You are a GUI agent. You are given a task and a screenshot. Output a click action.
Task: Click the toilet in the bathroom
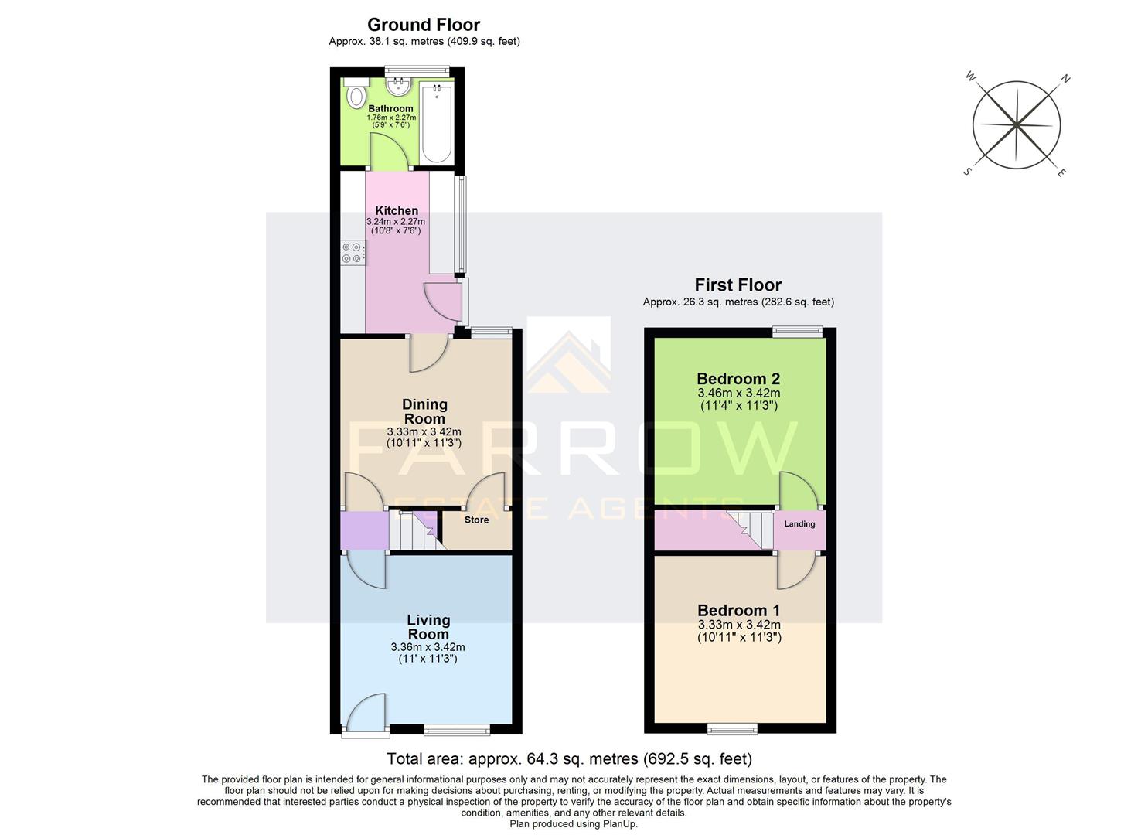(x=356, y=95)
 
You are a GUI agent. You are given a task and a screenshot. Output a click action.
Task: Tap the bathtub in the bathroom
(x=437, y=124)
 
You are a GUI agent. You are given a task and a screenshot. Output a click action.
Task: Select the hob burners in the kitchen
(x=352, y=254)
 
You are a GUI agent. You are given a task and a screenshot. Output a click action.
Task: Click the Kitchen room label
(x=397, y=210)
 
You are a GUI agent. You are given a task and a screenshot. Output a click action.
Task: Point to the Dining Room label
(x=424, y=411)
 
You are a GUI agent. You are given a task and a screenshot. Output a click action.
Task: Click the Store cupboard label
(x=476, y=520)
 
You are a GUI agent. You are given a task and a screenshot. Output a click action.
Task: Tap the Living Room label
(x=428, y=627)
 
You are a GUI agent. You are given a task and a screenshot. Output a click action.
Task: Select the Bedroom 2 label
(x=738, y=379)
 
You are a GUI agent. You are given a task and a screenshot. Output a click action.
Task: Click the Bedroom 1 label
(x=738, y=611)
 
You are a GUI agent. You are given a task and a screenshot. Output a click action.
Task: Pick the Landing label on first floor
(x=799, y=524)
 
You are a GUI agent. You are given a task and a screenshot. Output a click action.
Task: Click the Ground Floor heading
(x=424, y=25)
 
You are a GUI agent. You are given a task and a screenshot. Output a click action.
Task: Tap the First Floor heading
(x=738, y=285)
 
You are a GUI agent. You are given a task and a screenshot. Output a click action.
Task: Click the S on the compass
(x=966, y=172)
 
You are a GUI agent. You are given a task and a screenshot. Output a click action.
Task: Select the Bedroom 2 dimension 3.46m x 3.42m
(x=739, y=394)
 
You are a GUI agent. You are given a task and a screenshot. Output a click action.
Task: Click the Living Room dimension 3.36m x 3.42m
(x=428, y=647)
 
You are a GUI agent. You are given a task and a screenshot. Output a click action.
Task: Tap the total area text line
(x=569, y=758)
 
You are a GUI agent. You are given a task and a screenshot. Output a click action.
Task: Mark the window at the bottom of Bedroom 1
(x=733, y=728)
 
